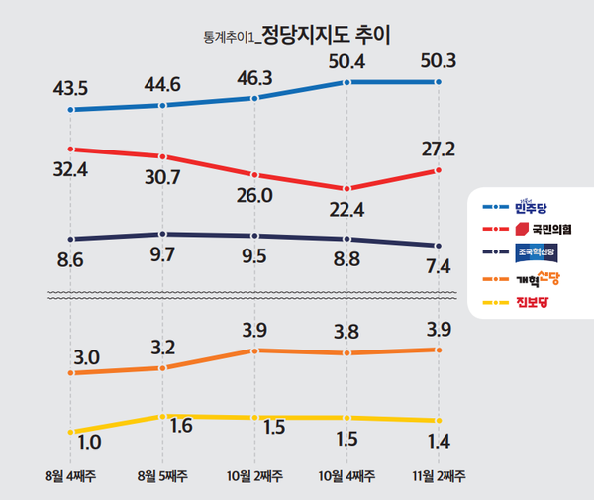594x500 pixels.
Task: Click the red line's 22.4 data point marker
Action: pos(346,189)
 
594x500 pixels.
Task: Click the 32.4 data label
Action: pos(70,171)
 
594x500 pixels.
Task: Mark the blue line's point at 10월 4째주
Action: pos(346,82)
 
